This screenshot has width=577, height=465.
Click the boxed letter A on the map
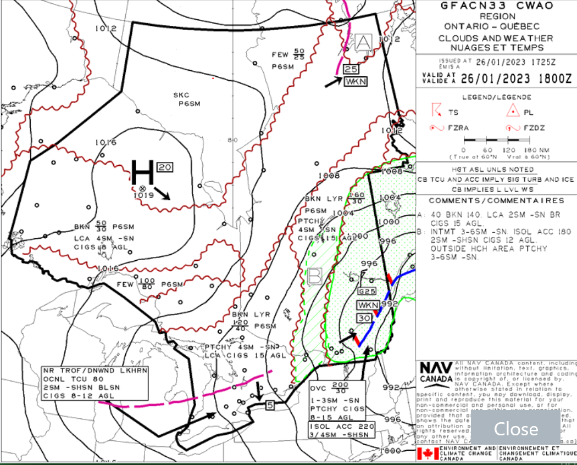pyautogui.click(x=364, y=42)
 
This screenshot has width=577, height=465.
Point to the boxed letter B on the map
pyautogui.click(x=315, y=276)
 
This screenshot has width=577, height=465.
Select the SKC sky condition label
pyautogui.click(x=181, y=95)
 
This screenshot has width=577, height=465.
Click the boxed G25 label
pyautogui.click(x=366, y=290)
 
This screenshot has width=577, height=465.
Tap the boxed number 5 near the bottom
pyautogui.click(x=269, y=406)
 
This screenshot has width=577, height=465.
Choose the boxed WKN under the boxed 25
pyautogui.click(x=354, y=82)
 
